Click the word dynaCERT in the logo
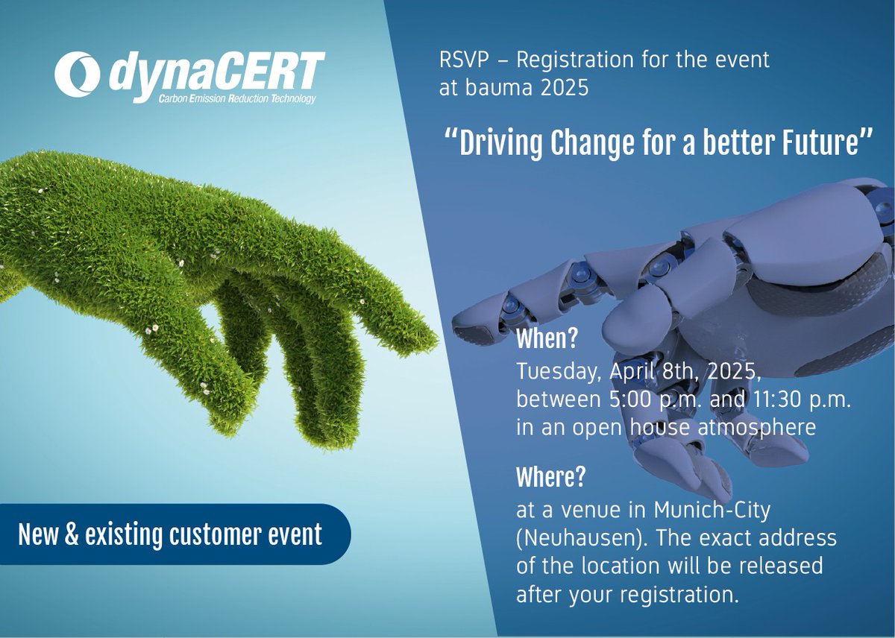tap(216, 73)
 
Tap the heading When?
tap(547, 340)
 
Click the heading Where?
tap(550, 477)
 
